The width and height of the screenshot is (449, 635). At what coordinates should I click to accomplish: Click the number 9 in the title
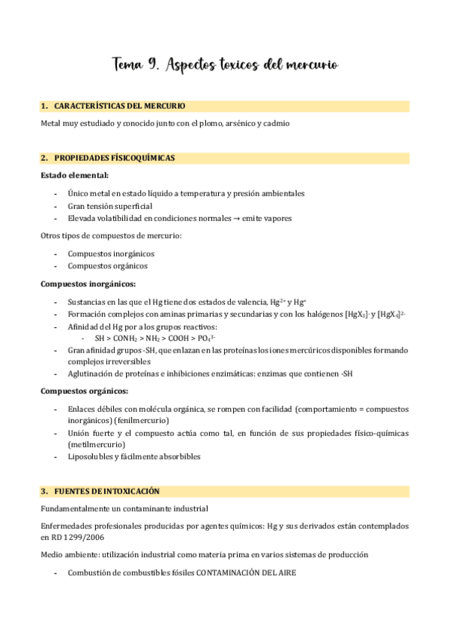151,65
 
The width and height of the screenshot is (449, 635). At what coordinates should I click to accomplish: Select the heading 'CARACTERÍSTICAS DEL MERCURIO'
120,106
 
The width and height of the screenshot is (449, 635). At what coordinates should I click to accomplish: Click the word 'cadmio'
276,123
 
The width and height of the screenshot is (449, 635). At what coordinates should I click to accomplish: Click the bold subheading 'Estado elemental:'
74,175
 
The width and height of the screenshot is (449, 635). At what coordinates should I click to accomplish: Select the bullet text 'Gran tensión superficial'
109,206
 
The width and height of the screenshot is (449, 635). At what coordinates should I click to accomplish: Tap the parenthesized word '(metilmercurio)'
95,444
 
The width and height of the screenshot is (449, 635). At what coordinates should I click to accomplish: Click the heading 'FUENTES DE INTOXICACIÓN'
107,491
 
